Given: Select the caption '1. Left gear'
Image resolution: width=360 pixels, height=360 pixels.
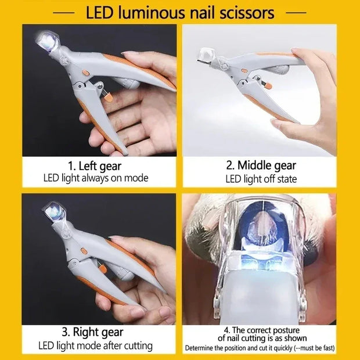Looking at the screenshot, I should [x=95, y=166].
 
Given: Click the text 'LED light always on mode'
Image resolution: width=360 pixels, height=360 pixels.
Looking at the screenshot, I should [x=95, y=178].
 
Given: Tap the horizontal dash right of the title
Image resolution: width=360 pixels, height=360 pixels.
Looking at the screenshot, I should [x=297, y=12].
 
